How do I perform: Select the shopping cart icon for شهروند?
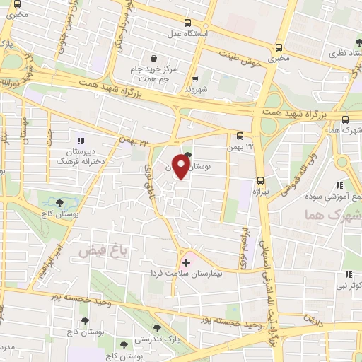click(x=196, y=78)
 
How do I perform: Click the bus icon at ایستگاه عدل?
click(x=187, y=23)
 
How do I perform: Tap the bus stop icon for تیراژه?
click(x=261, y=180)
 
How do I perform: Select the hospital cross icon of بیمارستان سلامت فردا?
click(x=186, y=262)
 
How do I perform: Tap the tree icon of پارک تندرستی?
click(x=156, y=328)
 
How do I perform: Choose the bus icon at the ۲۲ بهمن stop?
click(x=240, y=136)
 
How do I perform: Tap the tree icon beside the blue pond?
click(x=68, y=200)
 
